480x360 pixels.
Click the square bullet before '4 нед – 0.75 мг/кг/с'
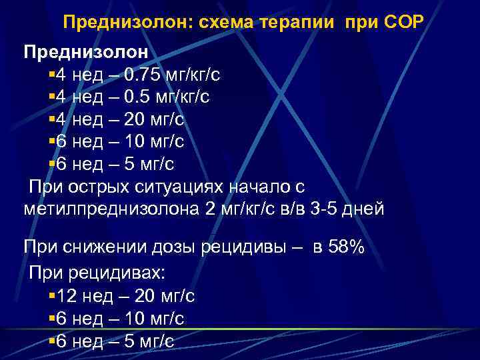[53, 74]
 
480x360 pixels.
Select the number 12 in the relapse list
[67, 296]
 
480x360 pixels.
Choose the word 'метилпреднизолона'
[110, 209]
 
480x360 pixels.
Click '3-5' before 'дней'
[324, 209]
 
